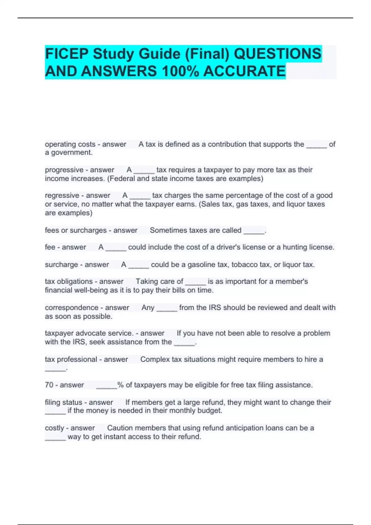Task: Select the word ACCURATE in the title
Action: coord(245,71)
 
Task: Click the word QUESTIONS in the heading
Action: coord(277,54)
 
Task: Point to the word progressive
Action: coord(64,170)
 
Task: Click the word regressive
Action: coord(62,195)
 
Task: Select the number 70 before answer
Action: coord(49,385)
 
